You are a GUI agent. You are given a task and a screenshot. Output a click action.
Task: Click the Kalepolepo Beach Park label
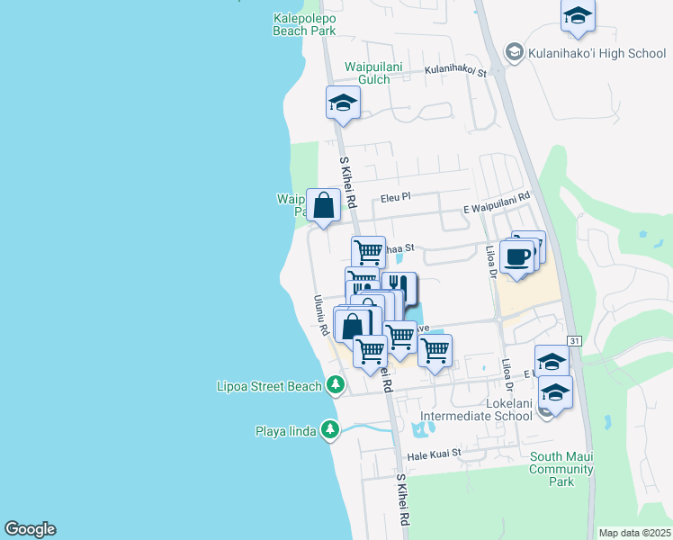304,24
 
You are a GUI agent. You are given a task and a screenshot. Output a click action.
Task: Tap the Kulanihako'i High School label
597,53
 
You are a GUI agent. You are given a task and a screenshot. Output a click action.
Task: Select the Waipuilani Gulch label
368,73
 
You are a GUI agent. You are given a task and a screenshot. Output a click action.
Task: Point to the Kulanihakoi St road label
455,71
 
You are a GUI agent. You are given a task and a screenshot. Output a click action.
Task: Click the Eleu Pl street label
395,195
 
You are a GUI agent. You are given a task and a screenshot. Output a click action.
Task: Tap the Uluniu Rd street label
320,317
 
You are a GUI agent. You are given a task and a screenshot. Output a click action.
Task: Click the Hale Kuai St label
434,454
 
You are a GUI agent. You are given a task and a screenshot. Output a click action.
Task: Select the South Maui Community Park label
561,469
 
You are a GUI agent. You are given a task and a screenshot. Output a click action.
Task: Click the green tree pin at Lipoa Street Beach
336,385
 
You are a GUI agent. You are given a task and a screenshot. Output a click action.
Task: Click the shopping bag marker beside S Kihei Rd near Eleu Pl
323,204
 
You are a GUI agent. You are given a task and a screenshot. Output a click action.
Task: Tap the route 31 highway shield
575,339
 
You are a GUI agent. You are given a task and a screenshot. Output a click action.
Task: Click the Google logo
30,529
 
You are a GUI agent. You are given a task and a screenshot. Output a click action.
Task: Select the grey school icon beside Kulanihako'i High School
514,52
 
